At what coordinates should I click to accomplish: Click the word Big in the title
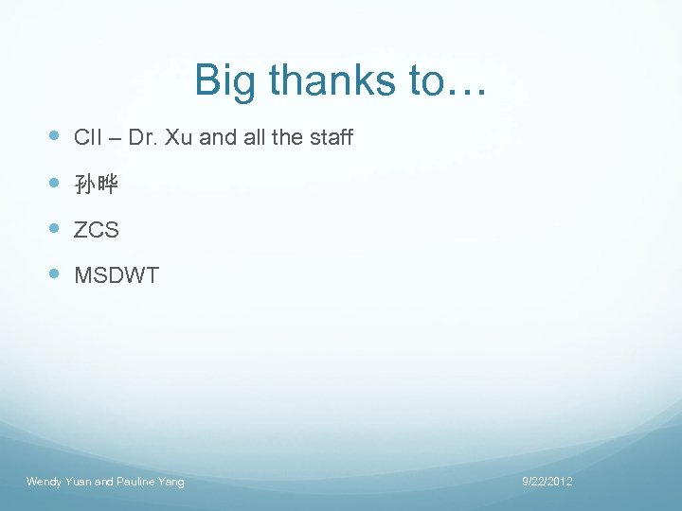click(x=226, y=81)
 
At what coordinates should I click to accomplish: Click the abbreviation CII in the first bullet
click(x=87, y=138)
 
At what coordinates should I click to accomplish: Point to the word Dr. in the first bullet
click(x=143, y=138)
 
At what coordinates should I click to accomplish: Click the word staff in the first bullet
click(x=331, y=138)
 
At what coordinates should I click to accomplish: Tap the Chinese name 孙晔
click(x=96, y=185)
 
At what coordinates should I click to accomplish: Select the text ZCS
click(x=96, y=230)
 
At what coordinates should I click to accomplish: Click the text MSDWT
click(x=117, y=276)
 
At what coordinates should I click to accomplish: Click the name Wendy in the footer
click(x=43, y=483)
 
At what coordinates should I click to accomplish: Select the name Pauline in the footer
click(x=136, y=483)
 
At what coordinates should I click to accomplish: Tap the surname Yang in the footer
click(x=172, y=483)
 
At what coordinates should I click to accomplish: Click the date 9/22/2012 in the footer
click(x=547, y=483)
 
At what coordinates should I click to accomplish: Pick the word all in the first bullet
click(x=254, y=138)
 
